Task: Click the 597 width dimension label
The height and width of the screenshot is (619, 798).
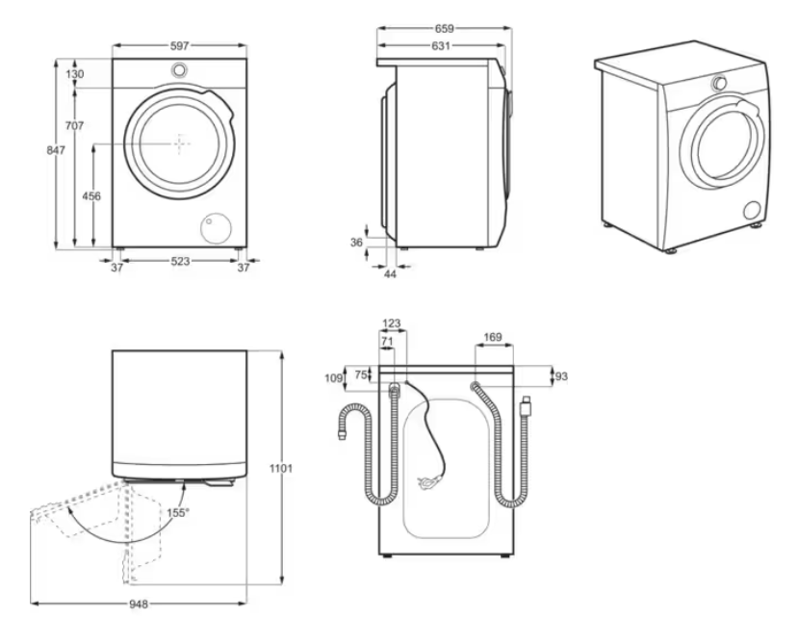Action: pyautogui.click(x=179, y=46)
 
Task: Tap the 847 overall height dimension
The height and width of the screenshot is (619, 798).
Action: pyautogui.click(x=56, y=150)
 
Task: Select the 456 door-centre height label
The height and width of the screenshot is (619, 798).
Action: pyautogui.click(x=91, y=196)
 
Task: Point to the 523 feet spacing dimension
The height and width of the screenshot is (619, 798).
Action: pyautogui.click(x=180, y=261)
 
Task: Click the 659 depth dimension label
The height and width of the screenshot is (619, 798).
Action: pyautogui.click(x=445, y=29)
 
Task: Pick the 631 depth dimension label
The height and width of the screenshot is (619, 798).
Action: pyautogui.click(x=441, y=46)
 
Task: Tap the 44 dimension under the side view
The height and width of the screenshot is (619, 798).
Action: pyautogui.click(x=390, y=273)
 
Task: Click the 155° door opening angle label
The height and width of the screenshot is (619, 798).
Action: pyautogui.click(x=178, y=512)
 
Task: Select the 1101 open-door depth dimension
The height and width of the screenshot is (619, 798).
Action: pyautogui.click(x=281, y=468)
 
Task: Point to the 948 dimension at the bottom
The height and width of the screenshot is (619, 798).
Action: pyautogui.click(x=139, y=604)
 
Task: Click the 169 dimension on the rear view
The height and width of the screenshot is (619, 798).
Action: pyautogui.click(x=493, y=337)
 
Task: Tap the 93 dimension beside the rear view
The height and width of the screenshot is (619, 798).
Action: pyautogui.click(x=561, y=376)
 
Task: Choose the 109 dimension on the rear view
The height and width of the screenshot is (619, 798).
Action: pyautogui.click(x=333, y=378)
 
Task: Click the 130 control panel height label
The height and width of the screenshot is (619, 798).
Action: pyautogui.click(x=75, y=74)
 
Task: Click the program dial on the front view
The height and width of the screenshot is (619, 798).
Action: pyautogui.click(x=179, y=69)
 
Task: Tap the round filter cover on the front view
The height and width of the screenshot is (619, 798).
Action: pyautogui.click(x=217, y=228)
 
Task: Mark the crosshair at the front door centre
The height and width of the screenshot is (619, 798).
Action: pyautogui.click(x=179, y=144)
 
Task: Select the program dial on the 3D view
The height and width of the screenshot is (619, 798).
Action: pyautogui.click(x=719, y=83)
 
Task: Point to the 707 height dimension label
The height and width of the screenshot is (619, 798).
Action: pyautogui.click(x=74, y=125)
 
